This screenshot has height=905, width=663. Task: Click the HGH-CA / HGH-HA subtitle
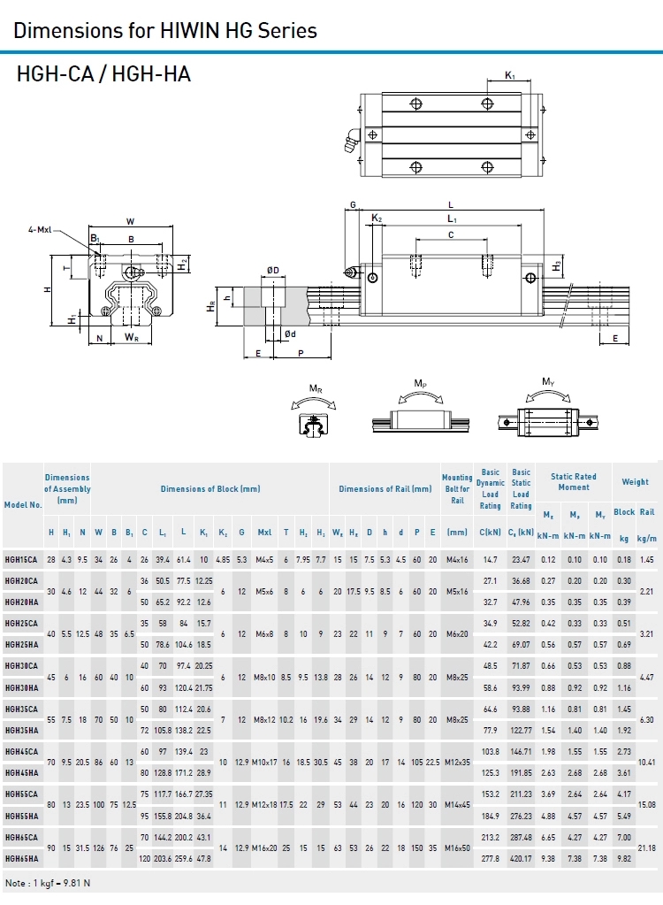click(103, 75)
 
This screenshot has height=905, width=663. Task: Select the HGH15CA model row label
click(21, 560)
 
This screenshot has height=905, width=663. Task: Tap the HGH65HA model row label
click(21, 858)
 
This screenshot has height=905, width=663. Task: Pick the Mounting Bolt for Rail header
click(457, 489)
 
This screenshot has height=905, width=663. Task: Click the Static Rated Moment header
click(574, 482)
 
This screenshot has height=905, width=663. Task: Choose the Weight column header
click(635, 482)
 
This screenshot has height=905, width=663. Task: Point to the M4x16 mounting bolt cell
click(457, 560)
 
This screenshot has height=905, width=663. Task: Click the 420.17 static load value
click(521, 858)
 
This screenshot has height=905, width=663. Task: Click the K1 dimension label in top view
click(510, 76)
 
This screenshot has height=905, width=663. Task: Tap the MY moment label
click(548, 382)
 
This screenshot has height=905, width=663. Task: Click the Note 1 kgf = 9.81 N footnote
click(48, 883)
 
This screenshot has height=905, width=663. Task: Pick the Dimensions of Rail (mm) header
click(385, 489)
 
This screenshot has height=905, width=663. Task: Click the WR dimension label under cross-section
click(131, 338)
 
